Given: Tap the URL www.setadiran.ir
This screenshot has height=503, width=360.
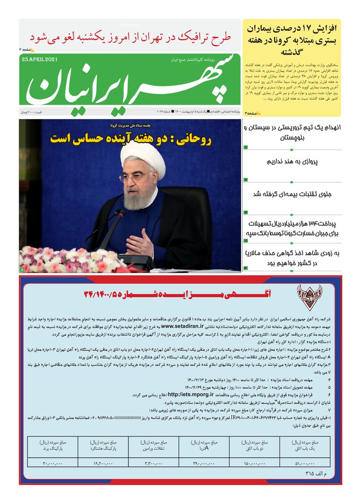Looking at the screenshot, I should pos(185,326).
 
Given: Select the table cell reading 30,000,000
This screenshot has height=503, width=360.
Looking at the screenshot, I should pos(52,463).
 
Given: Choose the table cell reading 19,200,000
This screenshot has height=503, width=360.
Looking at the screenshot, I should pos(103,463).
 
